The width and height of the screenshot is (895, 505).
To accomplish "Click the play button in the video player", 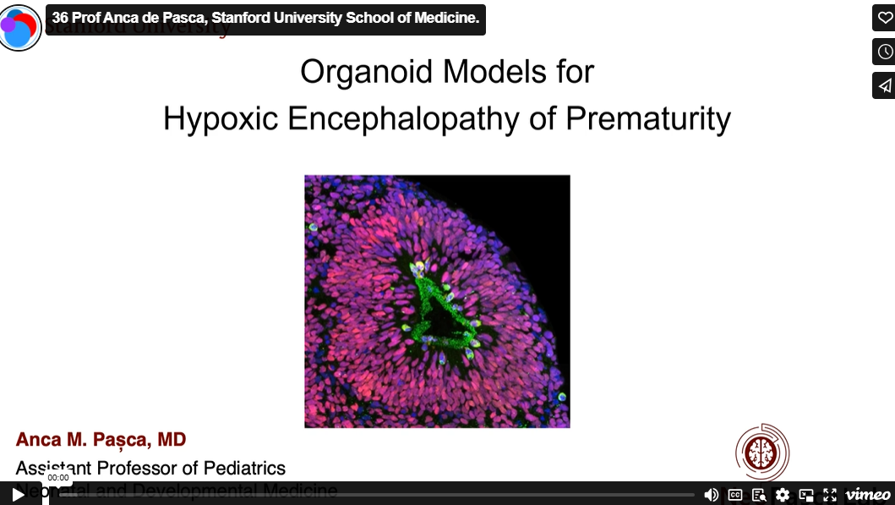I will point(19,494).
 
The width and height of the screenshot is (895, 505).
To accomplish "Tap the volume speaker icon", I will point(712,495).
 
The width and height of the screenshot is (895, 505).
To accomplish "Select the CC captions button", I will point(735,495).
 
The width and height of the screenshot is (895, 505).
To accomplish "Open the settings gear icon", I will point(783,495).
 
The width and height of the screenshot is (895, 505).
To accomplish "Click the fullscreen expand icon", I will point(830,495).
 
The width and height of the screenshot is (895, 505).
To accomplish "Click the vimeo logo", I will point(867,495).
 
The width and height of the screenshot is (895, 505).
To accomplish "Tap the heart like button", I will point(884,18).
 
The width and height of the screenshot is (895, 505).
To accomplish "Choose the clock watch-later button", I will point(884,52).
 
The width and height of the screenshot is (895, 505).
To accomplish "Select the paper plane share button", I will point(884,85).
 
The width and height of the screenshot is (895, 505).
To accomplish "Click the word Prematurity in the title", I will point(647,118).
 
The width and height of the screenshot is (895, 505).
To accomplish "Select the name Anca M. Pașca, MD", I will point(101,440).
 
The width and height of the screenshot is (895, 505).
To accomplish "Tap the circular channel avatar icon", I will point(20,27).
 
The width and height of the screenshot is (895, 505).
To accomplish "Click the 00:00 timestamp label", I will point(58,478).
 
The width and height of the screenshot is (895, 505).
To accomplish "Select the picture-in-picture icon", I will point(806,495).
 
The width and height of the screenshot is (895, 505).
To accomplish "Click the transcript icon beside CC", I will point(759,495).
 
